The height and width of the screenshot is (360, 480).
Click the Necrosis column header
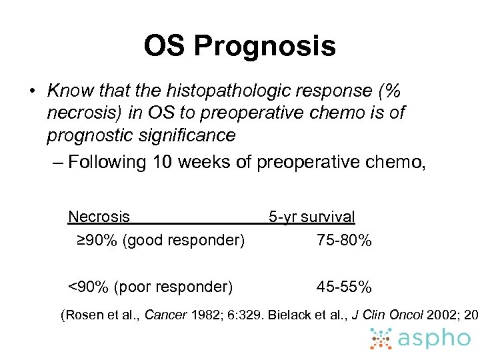[x=99, y=217]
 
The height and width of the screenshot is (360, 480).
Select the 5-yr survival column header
[x=311, y=217]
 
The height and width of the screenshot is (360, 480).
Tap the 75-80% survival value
[x=344, y=239]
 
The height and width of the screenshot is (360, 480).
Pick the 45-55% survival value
[x=344, y=287]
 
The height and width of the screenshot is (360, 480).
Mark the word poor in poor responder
[x=133, y=287]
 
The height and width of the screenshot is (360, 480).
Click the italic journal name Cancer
[x=166, y=315]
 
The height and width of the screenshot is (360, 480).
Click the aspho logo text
[x=435, y=338]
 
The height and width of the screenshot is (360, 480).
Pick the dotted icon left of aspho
[x=381, y=339]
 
